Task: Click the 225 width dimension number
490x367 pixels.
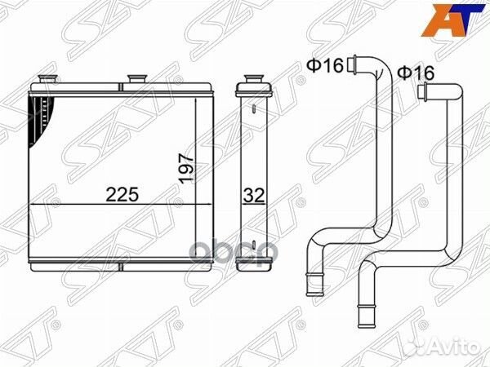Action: pos(122,194)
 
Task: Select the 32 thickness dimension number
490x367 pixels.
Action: pos(254,196)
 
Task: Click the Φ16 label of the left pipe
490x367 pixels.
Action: pos(325,65)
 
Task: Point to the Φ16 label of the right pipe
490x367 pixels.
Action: pos(416,73)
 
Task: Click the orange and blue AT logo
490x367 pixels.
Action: pos(452,20)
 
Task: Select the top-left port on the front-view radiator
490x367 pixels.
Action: pos(47,79)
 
